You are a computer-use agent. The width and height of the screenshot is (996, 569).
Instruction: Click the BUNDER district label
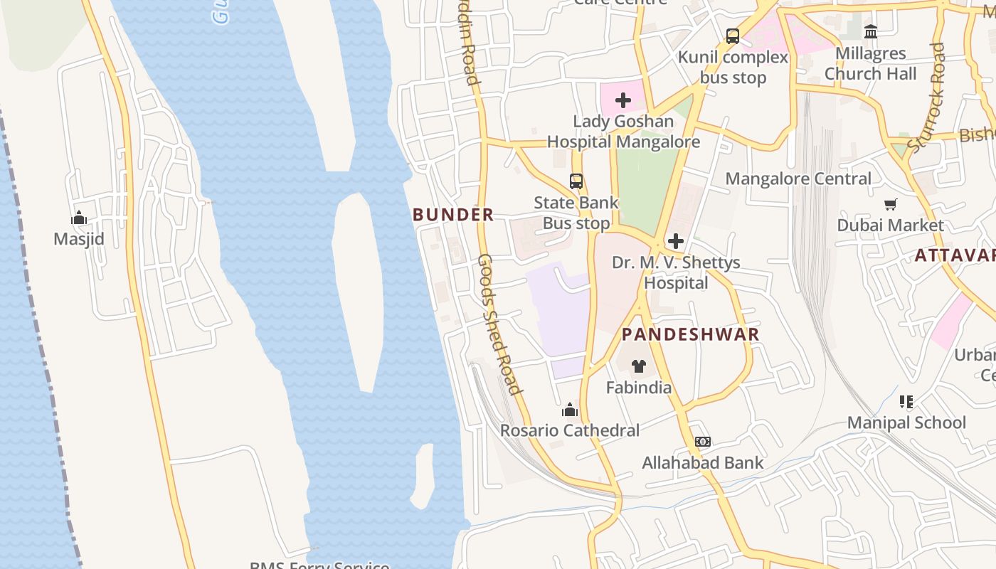[453, 214]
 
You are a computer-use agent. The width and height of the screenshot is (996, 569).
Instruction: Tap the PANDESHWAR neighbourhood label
[690, 334]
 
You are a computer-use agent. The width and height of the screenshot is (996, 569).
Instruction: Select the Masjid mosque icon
[79, 218]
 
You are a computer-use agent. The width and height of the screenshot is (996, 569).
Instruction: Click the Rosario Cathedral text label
[570, 430]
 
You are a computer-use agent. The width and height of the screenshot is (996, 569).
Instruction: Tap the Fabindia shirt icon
[639, 366]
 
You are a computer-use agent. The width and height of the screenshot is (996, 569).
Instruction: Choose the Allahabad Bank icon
[703, 442]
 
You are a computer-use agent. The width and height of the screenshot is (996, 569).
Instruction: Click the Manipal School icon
[906, 402]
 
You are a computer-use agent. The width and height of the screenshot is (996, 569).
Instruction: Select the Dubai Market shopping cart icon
[890, 205]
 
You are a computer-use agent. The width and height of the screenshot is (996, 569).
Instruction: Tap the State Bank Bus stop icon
[576, 181]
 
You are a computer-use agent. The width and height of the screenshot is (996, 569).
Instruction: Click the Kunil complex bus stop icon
[733, 36]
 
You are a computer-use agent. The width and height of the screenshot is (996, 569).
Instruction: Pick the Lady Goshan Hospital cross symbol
[623, 100]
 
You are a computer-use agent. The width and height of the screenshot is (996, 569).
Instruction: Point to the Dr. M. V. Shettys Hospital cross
[676, 241]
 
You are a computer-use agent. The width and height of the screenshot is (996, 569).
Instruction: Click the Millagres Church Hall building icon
[870, 32]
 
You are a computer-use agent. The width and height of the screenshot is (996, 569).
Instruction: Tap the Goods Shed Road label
[499, 324]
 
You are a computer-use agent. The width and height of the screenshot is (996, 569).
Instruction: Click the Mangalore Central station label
[798, 179]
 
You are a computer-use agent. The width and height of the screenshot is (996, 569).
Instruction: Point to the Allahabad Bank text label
[703, 463]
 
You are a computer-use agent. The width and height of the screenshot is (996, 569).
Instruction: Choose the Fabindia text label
[639, 388]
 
